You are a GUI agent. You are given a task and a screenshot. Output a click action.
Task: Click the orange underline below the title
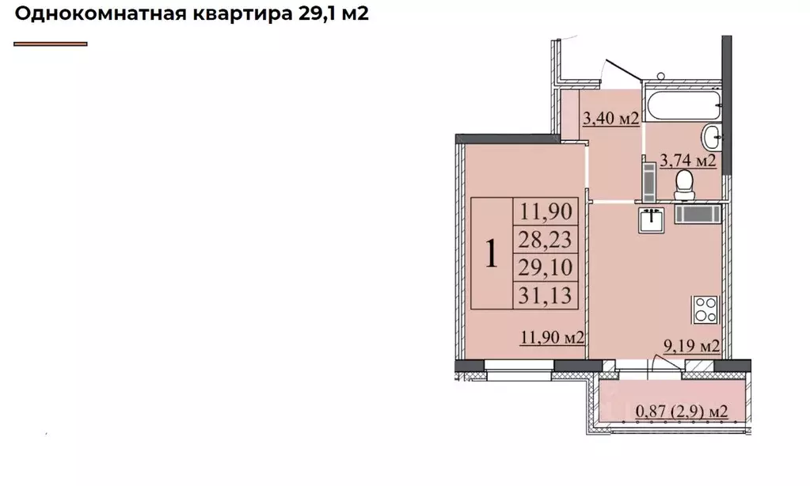(x=51, y=44)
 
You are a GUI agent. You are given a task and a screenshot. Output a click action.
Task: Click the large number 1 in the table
(x=492, y=254)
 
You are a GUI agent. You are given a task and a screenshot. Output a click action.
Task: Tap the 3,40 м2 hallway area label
(x=610, y=120)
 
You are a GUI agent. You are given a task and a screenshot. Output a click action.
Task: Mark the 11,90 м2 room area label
(x=552, y=339)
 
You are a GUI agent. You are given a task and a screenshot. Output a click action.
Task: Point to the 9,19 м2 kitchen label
(x=691, y=345)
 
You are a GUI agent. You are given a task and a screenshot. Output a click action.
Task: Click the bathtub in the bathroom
(x=682, y=100)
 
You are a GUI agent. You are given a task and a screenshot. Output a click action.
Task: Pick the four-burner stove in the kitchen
(x=705, y=309)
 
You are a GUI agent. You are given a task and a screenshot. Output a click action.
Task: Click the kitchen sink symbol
(x=652, y=220)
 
